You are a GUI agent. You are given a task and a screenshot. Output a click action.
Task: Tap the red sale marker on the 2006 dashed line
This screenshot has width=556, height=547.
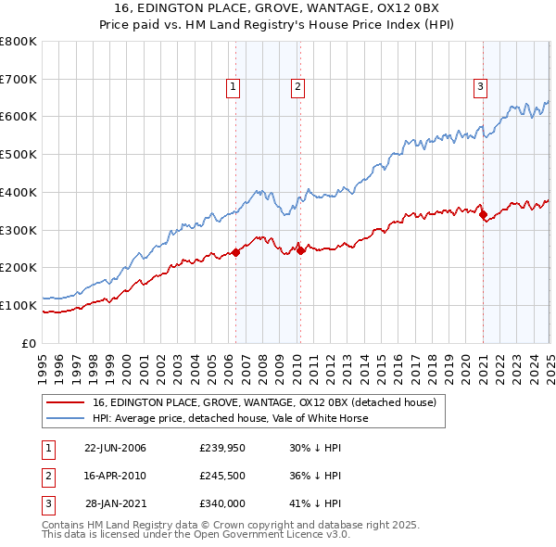click(235, 251)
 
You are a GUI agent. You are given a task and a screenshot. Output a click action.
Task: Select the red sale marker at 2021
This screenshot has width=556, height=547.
click(483, 214)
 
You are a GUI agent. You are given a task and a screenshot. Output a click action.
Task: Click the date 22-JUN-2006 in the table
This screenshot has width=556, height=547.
click(115, 448)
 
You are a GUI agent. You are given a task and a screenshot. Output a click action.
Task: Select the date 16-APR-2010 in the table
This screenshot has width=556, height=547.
click(115, 476)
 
